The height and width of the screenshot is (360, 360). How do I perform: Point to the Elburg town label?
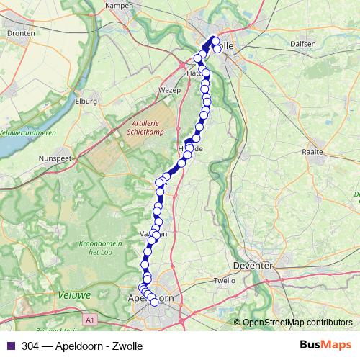click(x=86, y=101)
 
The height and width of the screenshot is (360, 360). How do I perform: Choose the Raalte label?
click(x=313, y=152)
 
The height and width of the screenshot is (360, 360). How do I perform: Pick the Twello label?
click(x=225, y=281)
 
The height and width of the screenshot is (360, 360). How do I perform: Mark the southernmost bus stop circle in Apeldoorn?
click(x=153, y=303)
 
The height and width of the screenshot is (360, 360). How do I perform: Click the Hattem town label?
click(x=194, y=73)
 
